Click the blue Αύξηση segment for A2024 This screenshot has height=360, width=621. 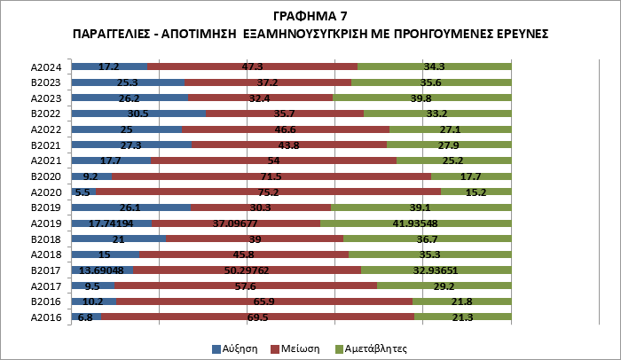tap(108, 67)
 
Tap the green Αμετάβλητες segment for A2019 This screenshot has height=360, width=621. tap(415, 223)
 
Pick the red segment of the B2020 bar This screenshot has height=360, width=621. tap(271, 176)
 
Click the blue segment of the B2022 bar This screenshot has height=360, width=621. tap(138, 113)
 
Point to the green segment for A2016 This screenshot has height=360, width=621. tap(462, 317)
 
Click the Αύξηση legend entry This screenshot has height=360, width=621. tap(236, 348)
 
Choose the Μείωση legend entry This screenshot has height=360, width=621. tap(298, 348)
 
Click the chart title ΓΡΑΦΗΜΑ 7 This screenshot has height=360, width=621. tap(310, 15)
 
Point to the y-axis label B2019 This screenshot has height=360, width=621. tap(44, 207)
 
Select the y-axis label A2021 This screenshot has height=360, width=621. tap(44, 160)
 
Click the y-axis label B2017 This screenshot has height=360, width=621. tap(44, 270)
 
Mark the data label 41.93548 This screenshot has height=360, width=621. tap(415, 223)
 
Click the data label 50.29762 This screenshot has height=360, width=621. tap(247, 270)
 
